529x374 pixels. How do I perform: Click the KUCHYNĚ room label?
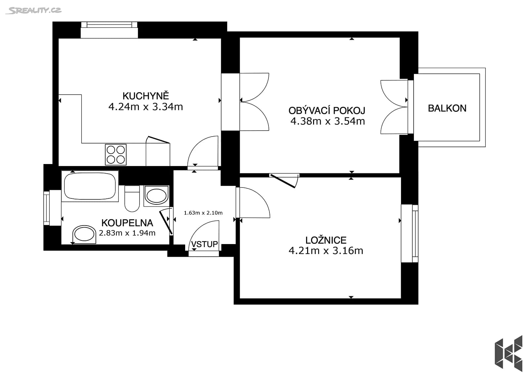click(x=145, y=96)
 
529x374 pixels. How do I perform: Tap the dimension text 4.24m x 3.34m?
click(x=145, y=107)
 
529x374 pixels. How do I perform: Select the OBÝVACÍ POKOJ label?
click(x=327, y=110)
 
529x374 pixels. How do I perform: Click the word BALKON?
click(x=447, y=108)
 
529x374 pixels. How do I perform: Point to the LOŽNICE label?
click(x=326, y=240)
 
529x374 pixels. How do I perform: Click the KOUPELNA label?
click(x=127, y=223)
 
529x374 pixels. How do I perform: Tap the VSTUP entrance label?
click(x=204, y=244)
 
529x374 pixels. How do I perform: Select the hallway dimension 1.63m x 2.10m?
click(x=203, y=213)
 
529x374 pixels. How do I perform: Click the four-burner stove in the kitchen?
click(x=116, y=154)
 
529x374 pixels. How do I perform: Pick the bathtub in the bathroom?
click(x=90, y=186)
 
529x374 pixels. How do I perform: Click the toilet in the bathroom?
click(x=132, y=198)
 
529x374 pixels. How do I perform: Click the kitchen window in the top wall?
click(x=109, y=25)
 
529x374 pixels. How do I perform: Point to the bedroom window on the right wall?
click(x=415, y=233)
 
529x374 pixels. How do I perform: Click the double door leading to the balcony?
click(x=394, y=107)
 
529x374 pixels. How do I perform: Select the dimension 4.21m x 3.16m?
click(x=326, y=251)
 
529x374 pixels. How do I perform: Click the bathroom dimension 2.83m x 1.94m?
click(x=127, y=233)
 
